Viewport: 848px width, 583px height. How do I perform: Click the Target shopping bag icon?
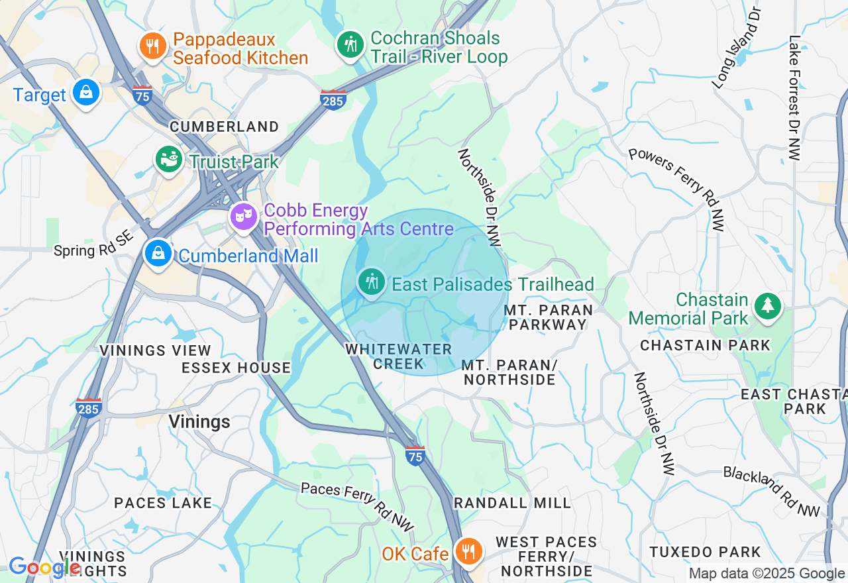coord(86,92)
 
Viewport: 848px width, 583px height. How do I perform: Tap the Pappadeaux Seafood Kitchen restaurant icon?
coord(152,46)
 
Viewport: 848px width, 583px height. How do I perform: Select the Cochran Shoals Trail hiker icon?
coord(350,44)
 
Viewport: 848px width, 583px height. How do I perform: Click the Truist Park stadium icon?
coord(169,159)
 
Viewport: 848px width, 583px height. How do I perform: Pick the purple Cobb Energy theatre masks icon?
coord(244,216)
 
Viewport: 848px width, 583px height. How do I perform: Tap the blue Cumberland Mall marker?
coord(158,253)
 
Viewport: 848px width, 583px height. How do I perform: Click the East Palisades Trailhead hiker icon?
coord(372,282)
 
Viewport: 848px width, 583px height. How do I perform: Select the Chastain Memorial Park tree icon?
coord(767,305)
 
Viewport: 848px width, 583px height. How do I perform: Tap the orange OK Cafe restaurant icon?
coord(468,551)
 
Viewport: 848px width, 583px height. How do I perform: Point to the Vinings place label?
coord(199,421)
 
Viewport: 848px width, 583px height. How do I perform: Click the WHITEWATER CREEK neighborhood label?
coord(398,356)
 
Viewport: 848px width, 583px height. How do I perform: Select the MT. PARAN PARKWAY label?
coord(546,317)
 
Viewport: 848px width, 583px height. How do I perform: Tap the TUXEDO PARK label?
coord(705,552)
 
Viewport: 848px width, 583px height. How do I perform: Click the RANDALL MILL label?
coord(512,503)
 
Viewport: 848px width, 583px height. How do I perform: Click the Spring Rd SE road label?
coord(94,244)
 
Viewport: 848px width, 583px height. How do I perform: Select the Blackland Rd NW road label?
coord(772,491)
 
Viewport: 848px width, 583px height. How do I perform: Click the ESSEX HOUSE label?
coord(236,368)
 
